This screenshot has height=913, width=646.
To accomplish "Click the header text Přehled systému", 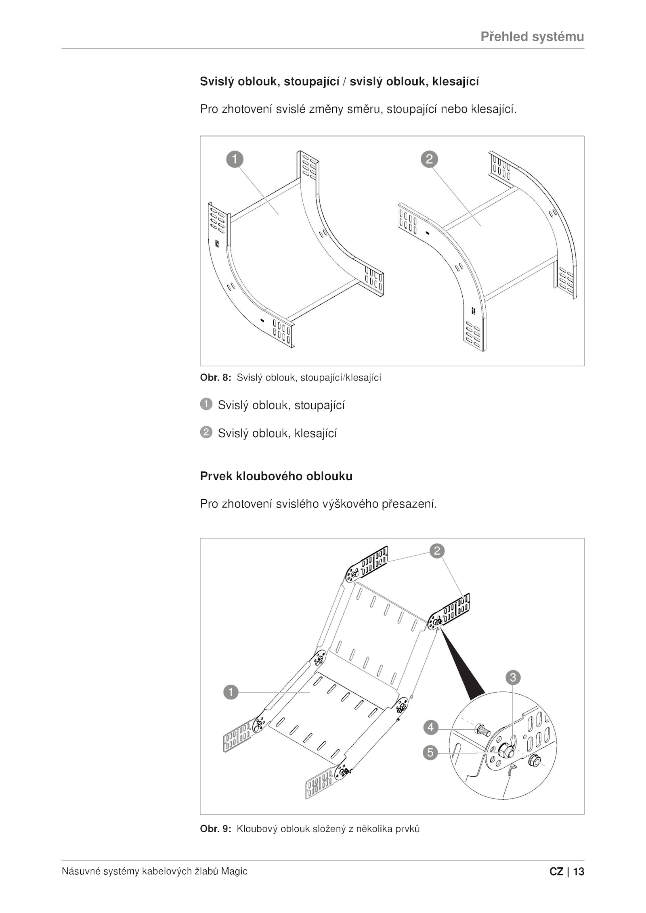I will point(532,37).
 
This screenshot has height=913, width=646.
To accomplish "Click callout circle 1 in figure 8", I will point(235,159).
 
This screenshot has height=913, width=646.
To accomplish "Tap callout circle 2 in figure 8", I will point(429,159).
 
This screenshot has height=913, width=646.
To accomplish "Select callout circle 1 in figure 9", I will point(231,693).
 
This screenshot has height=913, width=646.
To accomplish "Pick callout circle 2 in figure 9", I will point(437,551).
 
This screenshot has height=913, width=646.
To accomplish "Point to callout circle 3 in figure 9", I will point(513,677).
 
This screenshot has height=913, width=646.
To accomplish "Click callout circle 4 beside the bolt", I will point(431,727).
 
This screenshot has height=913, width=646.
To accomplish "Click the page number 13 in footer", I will point(579,872).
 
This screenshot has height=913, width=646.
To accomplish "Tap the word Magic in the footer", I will point(235,871).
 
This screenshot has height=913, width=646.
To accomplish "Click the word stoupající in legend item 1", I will point(319,405).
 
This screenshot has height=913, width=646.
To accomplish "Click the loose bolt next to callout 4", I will point(482,730).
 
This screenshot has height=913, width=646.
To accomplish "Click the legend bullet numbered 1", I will point(206,404).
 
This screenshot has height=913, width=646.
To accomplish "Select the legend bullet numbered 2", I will point(206,433).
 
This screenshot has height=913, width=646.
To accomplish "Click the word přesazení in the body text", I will point(409,504).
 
